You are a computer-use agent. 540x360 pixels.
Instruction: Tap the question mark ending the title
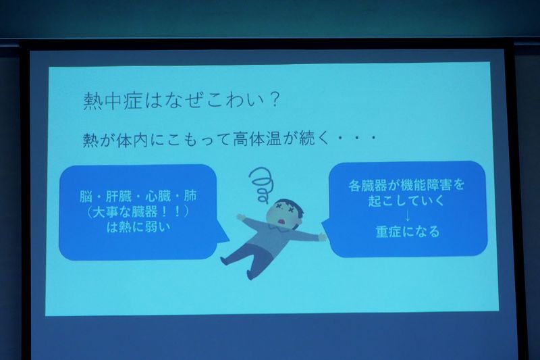[274, 100]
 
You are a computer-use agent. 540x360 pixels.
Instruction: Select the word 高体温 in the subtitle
[257, 139]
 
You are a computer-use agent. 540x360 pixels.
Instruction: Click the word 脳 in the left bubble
[86, 197]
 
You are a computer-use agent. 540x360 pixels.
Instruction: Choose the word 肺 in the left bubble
[190, 197]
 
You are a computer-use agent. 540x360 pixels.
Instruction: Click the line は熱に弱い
[138, 227]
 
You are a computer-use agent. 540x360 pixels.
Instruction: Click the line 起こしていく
[407, 201]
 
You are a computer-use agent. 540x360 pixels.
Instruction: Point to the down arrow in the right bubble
[408, 216]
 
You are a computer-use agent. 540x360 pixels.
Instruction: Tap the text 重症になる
[408, 232]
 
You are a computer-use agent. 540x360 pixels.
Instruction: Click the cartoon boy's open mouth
[282, 221]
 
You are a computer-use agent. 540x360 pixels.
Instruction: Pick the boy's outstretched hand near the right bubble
[323, 237]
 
